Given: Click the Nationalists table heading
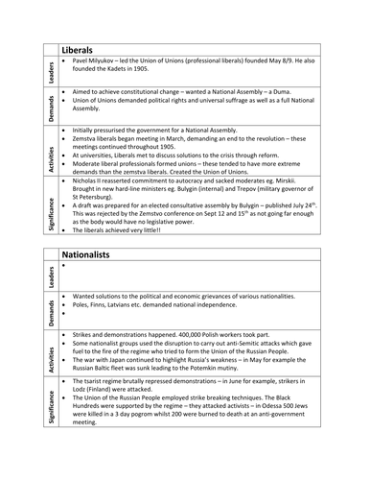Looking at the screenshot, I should click(93, 256).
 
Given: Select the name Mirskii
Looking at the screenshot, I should click(308, 179).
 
